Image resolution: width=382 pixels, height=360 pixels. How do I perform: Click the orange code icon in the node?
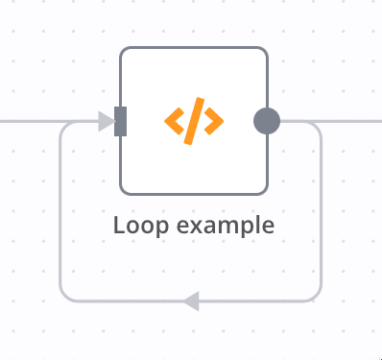pos(194,121)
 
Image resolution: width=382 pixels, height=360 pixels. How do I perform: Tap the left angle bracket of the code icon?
pos(174,121)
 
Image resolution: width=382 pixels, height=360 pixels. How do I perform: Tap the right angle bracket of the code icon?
pos(214,121)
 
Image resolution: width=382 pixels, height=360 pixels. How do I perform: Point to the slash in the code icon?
pos(194,121)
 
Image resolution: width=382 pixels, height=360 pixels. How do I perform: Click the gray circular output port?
pos(267,121)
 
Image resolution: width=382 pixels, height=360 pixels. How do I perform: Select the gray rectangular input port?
pos(121,121)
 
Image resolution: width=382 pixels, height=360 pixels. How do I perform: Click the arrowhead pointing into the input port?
pos(106,121)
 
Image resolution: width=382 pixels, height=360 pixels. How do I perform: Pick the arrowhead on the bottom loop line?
pos(191,301)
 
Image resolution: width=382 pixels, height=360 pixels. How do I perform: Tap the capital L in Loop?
pos(119,226)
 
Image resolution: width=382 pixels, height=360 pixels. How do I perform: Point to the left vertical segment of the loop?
pos(60,211)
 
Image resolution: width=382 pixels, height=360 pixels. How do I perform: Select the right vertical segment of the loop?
pos(321,211)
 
